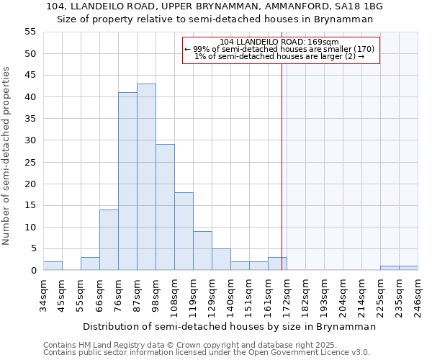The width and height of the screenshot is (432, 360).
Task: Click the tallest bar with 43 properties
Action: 146,177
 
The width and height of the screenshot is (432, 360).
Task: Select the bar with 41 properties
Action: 127,181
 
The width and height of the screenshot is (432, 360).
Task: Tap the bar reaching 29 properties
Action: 165,207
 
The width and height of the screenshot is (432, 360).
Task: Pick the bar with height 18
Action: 184,231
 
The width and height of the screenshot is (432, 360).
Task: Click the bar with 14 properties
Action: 109,240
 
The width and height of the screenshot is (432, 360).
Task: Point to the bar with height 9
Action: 202,251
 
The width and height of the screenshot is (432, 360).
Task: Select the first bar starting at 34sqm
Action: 53,266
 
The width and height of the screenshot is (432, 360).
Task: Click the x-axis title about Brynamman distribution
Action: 230,326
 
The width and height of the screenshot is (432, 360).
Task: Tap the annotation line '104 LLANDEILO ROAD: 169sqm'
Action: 281,42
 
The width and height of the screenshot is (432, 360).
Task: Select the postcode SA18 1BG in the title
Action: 364,6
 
